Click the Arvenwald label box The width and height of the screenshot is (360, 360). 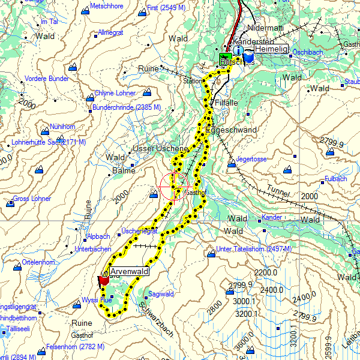[129, 272]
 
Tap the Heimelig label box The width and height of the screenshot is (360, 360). [271, 49]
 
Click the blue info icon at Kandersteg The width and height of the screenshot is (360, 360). [238, 52]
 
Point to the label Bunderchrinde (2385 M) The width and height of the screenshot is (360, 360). [126, 107]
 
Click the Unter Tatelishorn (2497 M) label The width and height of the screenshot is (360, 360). [254, 249]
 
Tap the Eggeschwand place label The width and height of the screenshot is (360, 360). [231, 130]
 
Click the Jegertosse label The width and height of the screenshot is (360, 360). [251, 159]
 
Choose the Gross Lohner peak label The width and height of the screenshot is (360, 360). [32, 199]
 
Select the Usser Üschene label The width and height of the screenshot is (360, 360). [160, 148]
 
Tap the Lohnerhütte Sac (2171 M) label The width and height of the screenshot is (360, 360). [49, 142]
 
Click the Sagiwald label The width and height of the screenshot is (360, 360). [161, 294]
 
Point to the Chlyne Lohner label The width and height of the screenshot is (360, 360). [115, 93]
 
